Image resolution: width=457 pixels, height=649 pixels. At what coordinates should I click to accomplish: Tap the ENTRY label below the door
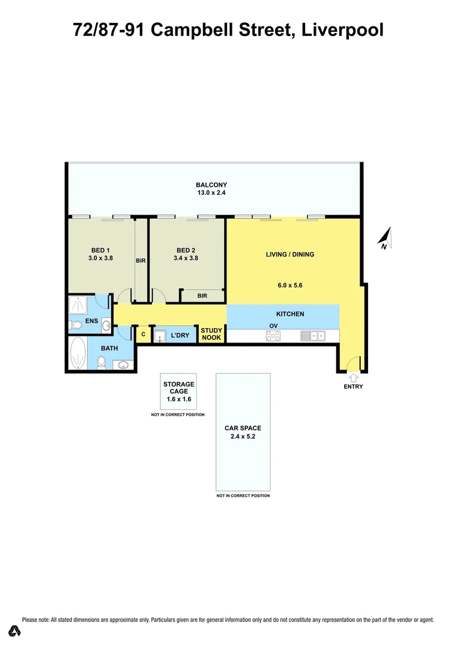(353, 386)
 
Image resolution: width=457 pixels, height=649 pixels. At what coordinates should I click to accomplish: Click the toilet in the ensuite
(76, 325)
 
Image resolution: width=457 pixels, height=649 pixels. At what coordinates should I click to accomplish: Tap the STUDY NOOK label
(211, 334)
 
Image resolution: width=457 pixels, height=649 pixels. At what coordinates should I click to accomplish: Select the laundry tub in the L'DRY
(160, 335)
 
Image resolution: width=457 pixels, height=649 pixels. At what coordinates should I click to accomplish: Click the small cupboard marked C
(143, 334)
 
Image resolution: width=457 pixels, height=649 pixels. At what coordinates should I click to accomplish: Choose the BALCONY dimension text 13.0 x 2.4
(211, 193)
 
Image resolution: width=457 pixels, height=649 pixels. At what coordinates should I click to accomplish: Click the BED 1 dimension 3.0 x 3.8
(100, 258)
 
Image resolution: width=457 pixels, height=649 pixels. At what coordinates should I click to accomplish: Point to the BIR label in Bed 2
(202, 295)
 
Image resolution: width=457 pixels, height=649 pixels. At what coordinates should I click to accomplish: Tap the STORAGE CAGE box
(178, 391)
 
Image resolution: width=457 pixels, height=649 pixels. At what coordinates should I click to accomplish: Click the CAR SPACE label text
(243, 428)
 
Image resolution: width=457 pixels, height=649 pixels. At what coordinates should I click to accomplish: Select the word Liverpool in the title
(342, 29)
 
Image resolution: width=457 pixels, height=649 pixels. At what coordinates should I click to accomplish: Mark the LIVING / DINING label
(290, 254)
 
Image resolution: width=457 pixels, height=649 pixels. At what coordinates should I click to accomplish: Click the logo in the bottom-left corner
(15, 631)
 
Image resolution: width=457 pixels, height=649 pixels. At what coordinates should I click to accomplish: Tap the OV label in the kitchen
(273, 326)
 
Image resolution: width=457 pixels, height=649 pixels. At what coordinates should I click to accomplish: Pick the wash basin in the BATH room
(124, 365)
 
